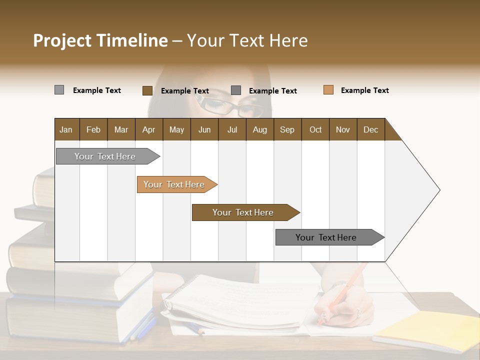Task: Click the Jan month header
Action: (x=66, y=129)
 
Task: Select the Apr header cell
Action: (x=148, y=129)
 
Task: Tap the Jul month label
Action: (x=232, y=129)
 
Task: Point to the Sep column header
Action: (x=287, y=129)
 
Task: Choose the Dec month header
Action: (x=370, y=129)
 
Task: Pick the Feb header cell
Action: (x=93, y=129)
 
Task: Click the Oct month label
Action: (x=315, y=129)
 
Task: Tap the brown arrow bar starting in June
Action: (x=243, y=212)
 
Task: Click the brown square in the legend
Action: (x=147, y=90)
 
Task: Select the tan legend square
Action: (x=328, y=90)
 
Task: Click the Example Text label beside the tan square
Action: (x=364, y=90)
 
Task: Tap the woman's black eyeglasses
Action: (x=230, y=106)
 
